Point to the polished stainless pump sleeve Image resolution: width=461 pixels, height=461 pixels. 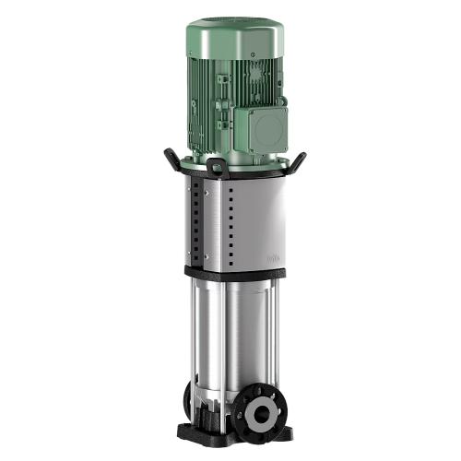pyautogui.click(x=235, y=332)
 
